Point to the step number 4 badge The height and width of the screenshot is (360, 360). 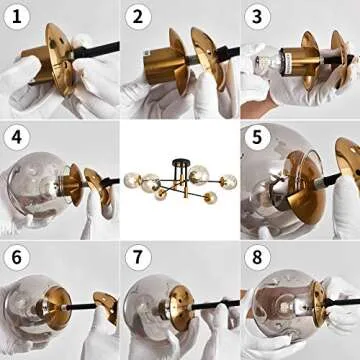click(16, 136)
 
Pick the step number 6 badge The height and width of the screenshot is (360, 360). click(16, 256)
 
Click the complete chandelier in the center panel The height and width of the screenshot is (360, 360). click(180, 180)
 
